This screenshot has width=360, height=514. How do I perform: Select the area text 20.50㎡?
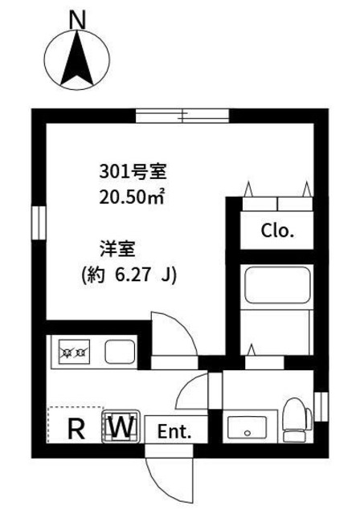(133, 195)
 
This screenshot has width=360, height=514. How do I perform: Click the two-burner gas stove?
(75, 351)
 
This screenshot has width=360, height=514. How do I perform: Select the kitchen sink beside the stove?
(118, 351)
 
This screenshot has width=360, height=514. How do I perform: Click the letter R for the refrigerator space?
(76, 428)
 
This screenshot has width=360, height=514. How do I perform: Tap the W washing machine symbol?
(121, 426)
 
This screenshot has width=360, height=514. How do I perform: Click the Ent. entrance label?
(174, 431)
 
